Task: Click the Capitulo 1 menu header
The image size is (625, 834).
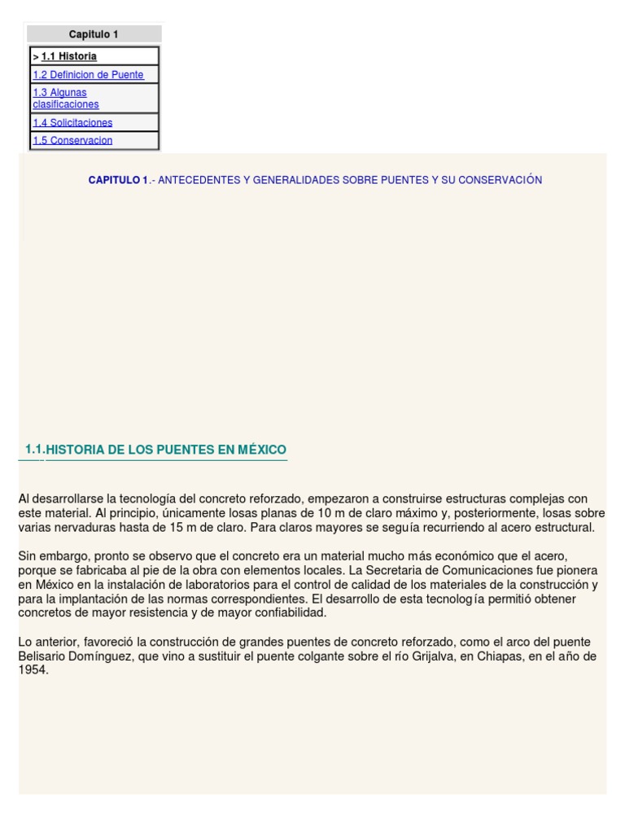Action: [94, 34]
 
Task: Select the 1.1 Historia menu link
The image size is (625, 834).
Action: [69, 56]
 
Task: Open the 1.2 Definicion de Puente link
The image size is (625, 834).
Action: [88, 75]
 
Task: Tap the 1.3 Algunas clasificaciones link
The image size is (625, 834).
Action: [65, 99]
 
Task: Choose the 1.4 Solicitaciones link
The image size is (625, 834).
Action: [72, 123]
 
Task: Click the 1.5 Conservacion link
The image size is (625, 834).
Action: [72, 140]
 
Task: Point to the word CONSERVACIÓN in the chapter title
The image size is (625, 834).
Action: [500, 180]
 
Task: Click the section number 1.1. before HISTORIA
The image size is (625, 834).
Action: [35, 449]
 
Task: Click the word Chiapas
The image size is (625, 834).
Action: [508, 656]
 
